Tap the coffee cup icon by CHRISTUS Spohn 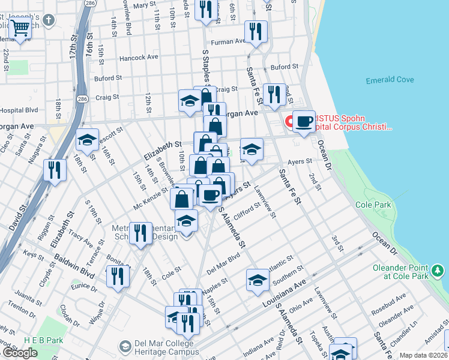point(304,121)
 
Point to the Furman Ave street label point(228,41)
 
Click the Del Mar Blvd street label point(223,262)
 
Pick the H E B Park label point(43,340)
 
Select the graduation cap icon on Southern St point(258,280)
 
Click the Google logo point(20,353)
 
